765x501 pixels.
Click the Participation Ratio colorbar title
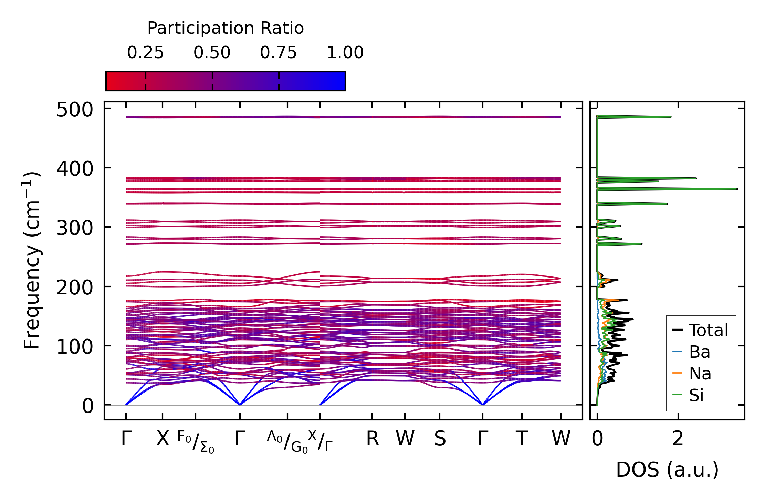[x=226, y=28]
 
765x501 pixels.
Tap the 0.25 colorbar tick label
[x=145, y=53]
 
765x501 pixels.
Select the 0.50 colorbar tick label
[x=212, y=53]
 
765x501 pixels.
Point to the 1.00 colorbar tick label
[x=345, y=53]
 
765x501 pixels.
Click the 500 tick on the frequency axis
[x=75, y=111]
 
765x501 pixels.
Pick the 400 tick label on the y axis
[x=75, y=169]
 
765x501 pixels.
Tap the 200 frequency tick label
[x=75, y=288]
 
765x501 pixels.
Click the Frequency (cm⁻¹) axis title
[x=32, y=260]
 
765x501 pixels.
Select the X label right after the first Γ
[x=163, y=439]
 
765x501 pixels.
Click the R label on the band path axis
[x=372, y=439]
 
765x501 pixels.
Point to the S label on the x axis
[x=440, y=439]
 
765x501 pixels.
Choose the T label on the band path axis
[x=522, y=439]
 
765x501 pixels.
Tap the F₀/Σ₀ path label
[x=196, y=442]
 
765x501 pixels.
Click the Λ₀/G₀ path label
[x=287, y=442]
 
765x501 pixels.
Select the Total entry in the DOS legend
[x=708, y=330]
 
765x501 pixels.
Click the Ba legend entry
[x=699, y=352]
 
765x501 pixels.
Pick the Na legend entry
[x=700, y=374]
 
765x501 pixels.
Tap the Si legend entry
[x=696, y=395]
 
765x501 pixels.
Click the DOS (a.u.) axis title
[x=667, y=470]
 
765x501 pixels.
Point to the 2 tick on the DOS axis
[x=678, y=439]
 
